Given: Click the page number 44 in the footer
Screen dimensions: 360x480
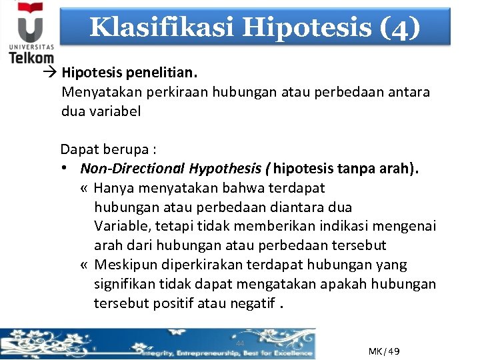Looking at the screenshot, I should [240, 343].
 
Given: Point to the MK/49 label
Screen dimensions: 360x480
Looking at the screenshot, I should [383, 351].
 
